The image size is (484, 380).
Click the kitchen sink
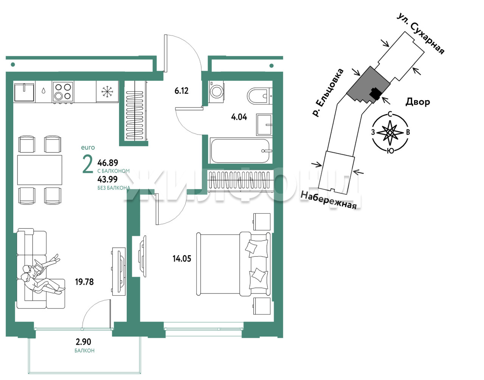[x=24, y=92]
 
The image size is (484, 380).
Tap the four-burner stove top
[x=63, y=92]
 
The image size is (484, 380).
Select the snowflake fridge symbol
[x=107, y=92]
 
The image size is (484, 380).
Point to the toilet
[x=259, y=96]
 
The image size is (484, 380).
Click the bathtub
[x=241, y=151]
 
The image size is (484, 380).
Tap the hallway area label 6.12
[x=181, y=91]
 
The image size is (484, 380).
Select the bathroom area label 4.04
[x=239, y=117]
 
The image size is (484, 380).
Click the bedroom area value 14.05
[x=182, y=259]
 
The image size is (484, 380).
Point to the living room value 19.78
[x=84, y=282]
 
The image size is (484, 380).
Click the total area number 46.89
[x=108, y=163]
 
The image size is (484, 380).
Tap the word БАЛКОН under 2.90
[x=84, y=351]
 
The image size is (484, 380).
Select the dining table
[x=40, y=170]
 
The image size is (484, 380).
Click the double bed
[x=233, y=264]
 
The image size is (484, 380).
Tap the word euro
[x=88, y=147]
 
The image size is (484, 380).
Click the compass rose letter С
[x=390, y=115]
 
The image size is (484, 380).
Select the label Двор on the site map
[x=417, y=102]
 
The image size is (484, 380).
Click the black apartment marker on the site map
[x=375, y=93]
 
